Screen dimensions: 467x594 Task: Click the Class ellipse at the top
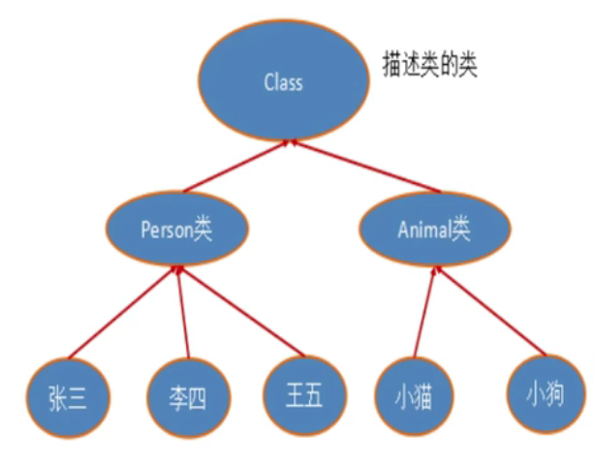283,83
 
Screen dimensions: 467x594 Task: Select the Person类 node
175,230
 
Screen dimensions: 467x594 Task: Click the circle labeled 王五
303,394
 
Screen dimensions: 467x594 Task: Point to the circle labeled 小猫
411,396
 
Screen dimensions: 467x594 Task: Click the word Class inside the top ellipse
283,83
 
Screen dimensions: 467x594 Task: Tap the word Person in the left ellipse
166,231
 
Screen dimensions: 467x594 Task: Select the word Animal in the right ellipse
419,230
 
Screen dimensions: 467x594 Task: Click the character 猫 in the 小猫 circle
422,396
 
